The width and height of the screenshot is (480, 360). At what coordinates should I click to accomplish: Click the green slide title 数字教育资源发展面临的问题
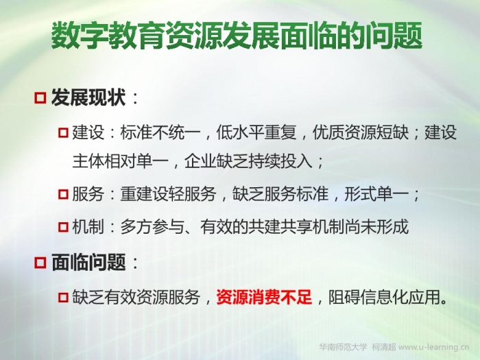[x=237, y=36]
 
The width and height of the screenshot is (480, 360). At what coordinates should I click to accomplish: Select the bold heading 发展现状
[x=88, y=97]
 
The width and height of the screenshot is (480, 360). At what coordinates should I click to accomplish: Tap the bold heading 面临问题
[x=88, y=263]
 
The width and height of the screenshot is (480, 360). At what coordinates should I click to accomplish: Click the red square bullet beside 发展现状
[x=40, y=98]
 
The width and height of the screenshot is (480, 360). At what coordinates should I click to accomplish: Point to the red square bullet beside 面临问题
[x=40, y=263]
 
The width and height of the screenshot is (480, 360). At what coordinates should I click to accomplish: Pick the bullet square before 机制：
[x=63, y=227]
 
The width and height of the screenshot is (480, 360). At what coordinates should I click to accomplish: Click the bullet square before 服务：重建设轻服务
[x=63, y=194]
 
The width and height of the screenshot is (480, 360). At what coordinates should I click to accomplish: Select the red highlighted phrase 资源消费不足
[x=264, y=297]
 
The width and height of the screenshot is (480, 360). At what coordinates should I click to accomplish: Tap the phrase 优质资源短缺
[x=361, y=132]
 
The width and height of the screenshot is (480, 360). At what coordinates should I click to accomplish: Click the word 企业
[x=200, y=160]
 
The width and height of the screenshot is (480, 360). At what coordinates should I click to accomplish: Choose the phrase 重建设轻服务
[x=168, y=194]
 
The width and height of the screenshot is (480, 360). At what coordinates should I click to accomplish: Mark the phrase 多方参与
[x=152, y=227]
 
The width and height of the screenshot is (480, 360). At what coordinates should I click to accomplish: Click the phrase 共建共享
[x=280, y=227]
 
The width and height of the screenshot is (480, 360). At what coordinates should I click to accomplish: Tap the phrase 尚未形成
[x=377, y=227]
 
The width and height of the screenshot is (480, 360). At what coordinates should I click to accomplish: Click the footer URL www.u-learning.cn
[x=434, y=347]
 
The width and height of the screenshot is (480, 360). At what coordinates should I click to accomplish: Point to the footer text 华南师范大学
[x=343, y=347]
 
